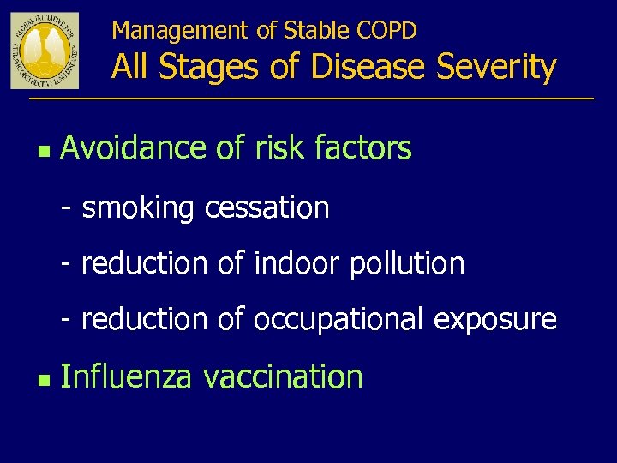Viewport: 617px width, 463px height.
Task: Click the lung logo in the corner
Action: point(45,51)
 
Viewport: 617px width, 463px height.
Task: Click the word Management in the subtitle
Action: point(181,31)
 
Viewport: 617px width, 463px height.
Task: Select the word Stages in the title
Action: point(213,67)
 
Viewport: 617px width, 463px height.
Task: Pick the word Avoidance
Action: point(134,148)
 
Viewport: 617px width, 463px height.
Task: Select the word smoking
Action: point(139,207)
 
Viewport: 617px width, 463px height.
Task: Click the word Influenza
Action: point(126,376)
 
